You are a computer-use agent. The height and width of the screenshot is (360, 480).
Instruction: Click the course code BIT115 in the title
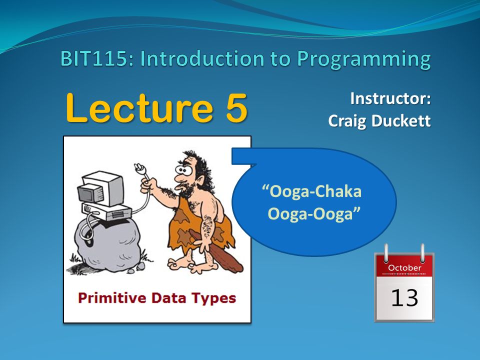click(94, 59)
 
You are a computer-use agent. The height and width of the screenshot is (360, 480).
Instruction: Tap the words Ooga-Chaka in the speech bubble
click(312, 192)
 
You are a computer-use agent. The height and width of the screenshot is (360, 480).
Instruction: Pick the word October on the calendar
click(404, 268)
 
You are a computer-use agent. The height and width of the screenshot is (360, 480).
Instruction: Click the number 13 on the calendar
click(404, 297)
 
